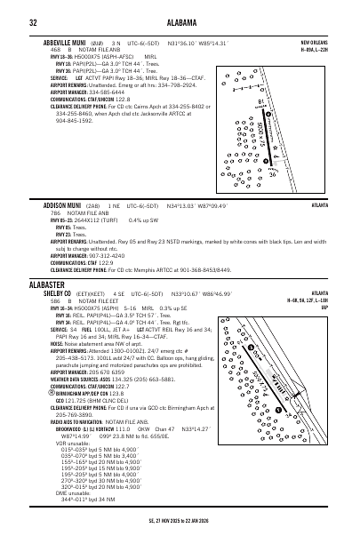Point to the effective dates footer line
coord(180,528)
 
